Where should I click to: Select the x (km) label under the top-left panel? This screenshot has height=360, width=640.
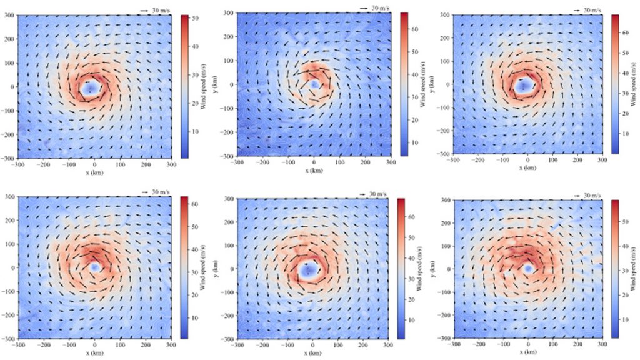(x=94, y=169)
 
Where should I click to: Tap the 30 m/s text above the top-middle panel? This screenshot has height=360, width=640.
(x=380, y=7)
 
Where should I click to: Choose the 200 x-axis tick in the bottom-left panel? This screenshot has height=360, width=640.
(x=146, y=344)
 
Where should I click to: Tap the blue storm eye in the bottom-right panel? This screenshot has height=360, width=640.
(x=528, y=268)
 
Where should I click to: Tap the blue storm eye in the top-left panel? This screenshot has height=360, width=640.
(x=90, y=87)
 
